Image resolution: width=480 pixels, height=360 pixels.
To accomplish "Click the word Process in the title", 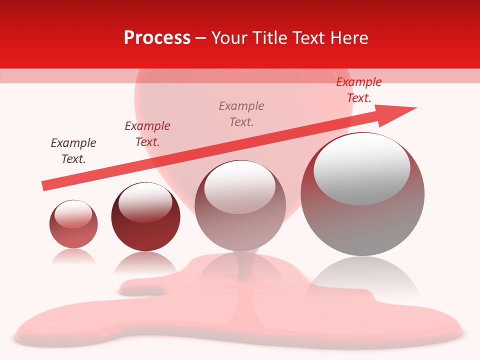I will (x=157, y=38).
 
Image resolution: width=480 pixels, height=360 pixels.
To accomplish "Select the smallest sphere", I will (x=73, y=224).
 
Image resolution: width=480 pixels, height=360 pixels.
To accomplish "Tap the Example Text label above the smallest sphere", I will (x=73, y=151).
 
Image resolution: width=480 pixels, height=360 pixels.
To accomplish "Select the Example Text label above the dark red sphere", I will (x=147, y=134).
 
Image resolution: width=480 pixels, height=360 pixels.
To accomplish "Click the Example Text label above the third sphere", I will (x=241, y=113).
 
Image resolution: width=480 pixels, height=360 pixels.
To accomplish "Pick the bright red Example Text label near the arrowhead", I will (x=359, y=90).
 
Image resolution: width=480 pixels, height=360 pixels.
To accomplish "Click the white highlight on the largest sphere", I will (x=362, y=167).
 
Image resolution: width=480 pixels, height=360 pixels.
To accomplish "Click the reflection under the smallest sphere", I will (x=73, y=256).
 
